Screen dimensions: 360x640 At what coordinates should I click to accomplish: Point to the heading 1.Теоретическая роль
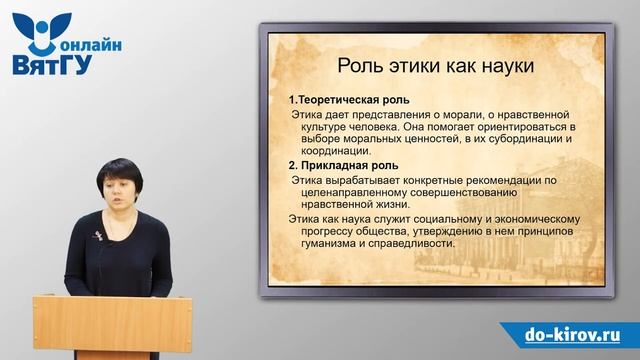click(x=345, y=102)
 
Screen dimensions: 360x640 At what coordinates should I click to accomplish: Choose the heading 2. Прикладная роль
click(x=342, y=165)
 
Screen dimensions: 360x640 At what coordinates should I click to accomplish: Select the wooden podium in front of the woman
click(x=98, y=326)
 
